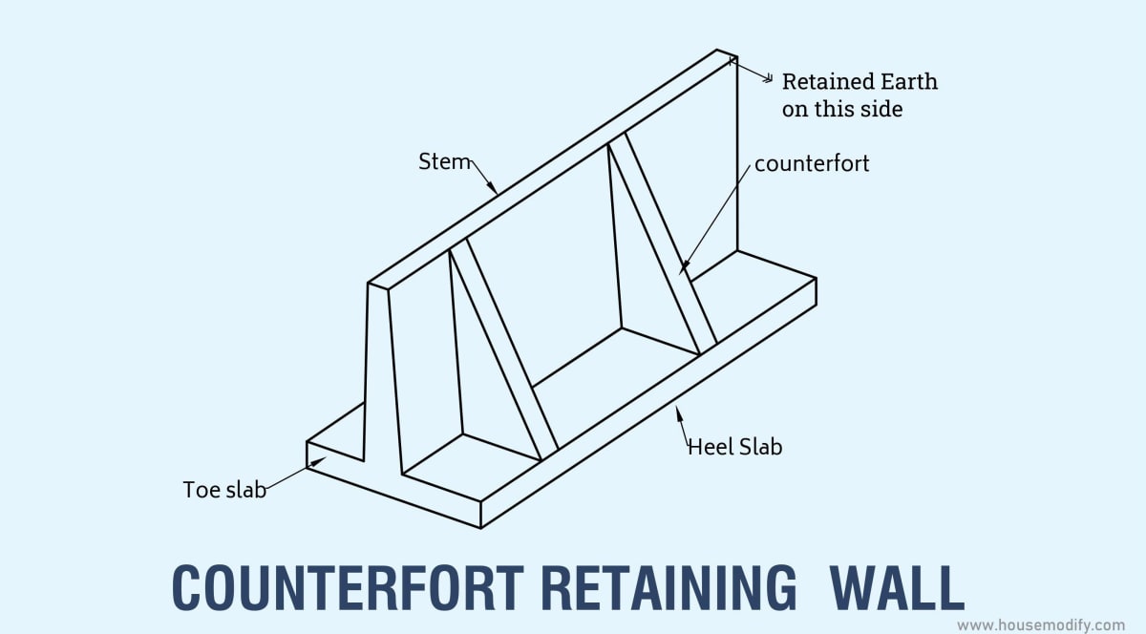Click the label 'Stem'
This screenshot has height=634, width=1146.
pyautogui.click(x=444, y=161)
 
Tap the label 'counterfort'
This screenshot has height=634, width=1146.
pyautogui.click(x=812, y=163)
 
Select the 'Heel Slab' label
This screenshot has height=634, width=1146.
pyautogui.click(x=734, y=446)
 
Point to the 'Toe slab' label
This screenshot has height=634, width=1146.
pyautogui.click(x=223, y=490)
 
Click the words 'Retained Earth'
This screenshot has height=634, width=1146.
pyautogui.click(x=859, y=81)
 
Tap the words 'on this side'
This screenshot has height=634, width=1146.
pyautogui.click(x=841, y=109)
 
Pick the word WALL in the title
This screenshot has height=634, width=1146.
pyautogui.click(x=896, y=587)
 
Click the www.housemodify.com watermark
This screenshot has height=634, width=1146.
pyautogui.click(x=1041, y=624)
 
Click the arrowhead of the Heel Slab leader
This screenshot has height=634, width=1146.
pyautogui.click(x=679, y=411)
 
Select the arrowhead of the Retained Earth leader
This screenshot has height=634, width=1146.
pyautogui.click(x=733, y=61)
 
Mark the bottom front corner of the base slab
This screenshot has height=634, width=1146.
pyautogui.click(x=480, y=526)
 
